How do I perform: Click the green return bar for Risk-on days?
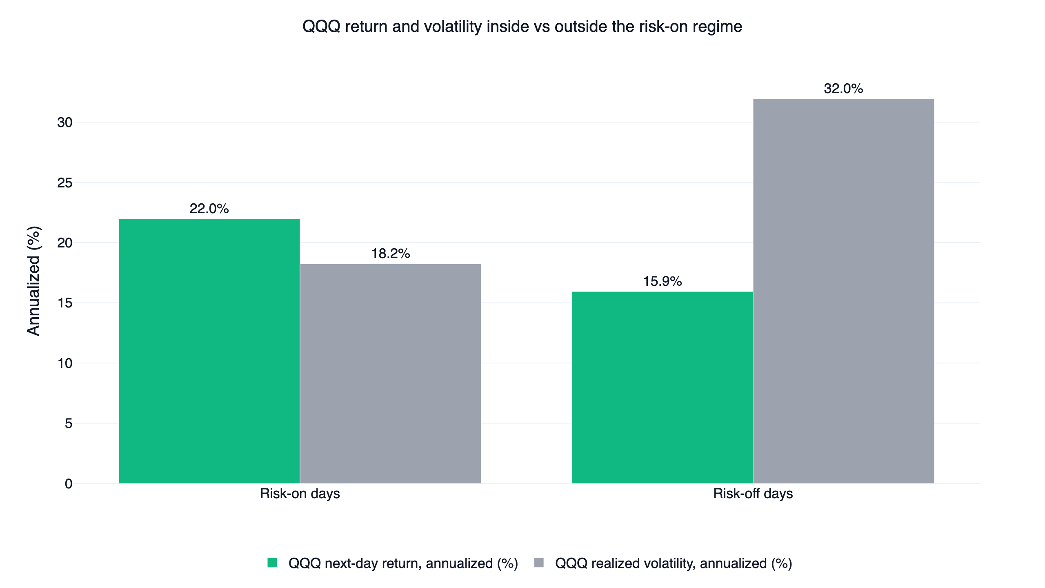point(209,351)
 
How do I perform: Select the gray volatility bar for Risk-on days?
point(391,374)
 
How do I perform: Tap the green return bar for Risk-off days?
point(663,388)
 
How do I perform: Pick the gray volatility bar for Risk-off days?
point(844,291)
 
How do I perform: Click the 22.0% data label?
point(209,209)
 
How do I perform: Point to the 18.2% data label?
point(391,254)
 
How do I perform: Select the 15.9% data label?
point(663,281)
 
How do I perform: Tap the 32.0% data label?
point(843,89)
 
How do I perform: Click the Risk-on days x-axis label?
point(300,494)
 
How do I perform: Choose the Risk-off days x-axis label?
point(753,494)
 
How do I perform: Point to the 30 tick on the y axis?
point(65,122)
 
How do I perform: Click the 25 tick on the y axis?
point(65,183)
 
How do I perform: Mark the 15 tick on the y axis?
point(65,303)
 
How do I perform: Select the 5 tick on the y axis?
point(69,423)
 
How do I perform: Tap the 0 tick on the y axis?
point(69,484)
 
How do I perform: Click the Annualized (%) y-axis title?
point(34,281)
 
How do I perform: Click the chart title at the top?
point(522,27)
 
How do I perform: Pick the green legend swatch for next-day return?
point(272,563)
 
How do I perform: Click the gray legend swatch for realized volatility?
point(539,563)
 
